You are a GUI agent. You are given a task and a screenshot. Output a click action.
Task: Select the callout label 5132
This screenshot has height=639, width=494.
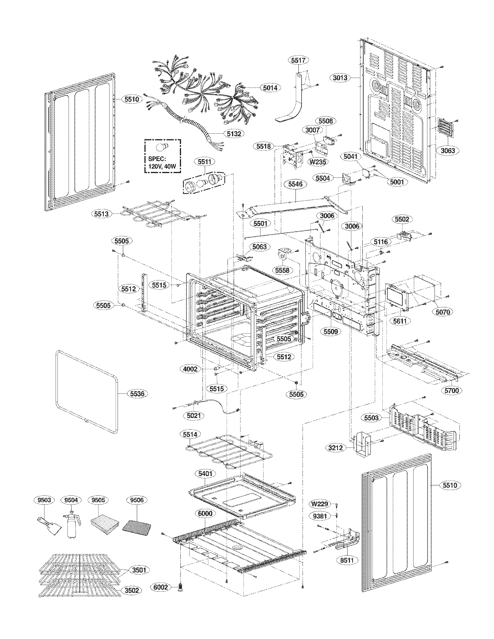point(234,134)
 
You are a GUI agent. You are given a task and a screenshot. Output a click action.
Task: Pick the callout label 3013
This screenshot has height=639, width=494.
point(340,78)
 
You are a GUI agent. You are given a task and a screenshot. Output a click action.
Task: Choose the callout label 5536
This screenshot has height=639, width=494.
point(137,394)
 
